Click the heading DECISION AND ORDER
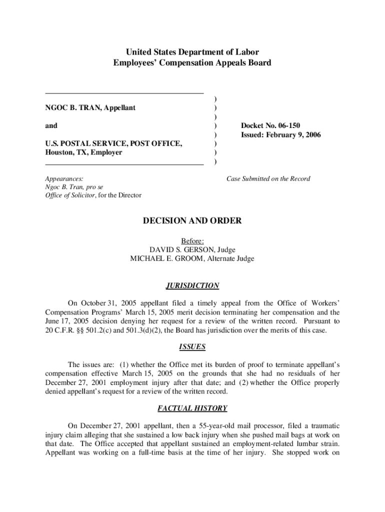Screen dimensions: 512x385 coord(192,221)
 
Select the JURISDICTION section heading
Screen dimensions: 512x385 coord(192,286)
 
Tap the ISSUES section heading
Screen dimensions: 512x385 coord(192,346)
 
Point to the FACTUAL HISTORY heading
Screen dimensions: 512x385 coord(192,408)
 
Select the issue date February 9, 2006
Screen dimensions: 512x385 coord(295,135)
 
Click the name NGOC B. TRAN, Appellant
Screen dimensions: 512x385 coord(90,108)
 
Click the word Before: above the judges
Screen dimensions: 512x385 coord(192,240)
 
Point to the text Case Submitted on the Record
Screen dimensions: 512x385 coord(268,178)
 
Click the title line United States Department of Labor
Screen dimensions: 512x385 coord(192,52)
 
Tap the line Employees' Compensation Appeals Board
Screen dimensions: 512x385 coord(192,63)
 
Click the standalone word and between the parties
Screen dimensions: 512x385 coord(51,125)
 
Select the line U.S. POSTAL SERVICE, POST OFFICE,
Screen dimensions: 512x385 coord(113,144)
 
